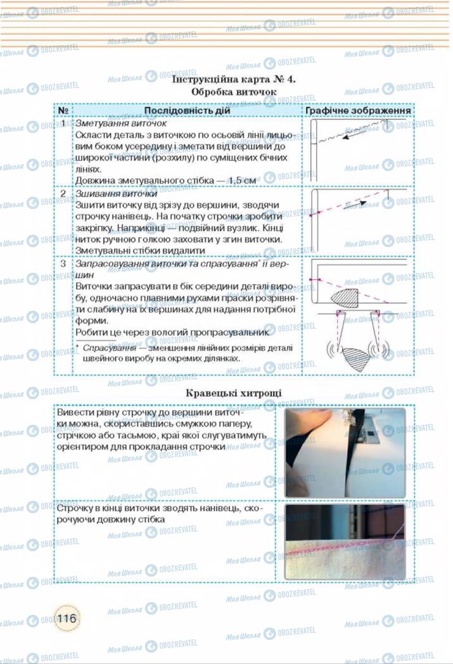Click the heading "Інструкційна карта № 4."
(234, 79)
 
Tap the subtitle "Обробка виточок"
(234, 92)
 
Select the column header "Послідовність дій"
(188, 110)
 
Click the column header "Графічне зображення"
(358, 110)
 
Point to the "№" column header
(63, 110)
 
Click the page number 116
(67, 618)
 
